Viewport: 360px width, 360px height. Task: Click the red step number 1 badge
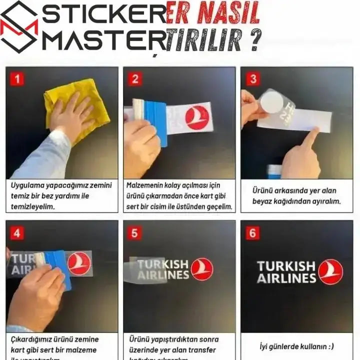point(17,79)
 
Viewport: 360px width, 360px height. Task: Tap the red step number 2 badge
point(134,79)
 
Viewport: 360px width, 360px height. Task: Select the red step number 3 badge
point(253,79)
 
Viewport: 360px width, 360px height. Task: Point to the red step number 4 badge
point(17,233)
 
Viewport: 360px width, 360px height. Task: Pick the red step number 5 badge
point(134,233)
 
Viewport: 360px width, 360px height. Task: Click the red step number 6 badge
point(253,233)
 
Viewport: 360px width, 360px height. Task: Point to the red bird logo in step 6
point(330,271)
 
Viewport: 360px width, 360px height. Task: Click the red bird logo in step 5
point(201,269)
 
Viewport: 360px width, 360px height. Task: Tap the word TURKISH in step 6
point(286,266)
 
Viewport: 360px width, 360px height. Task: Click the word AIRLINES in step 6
point(286,278)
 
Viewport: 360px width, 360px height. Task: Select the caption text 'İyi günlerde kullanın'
point(297,346)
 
